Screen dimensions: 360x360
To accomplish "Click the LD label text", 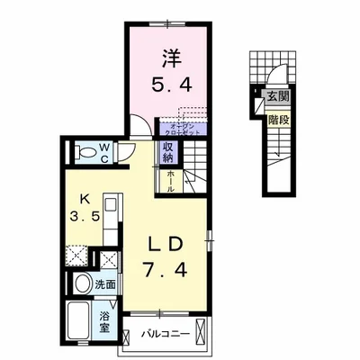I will pos(163,244).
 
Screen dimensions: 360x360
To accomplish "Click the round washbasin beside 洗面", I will pos(81,284).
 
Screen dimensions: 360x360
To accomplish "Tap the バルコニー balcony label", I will pos(166,336).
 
